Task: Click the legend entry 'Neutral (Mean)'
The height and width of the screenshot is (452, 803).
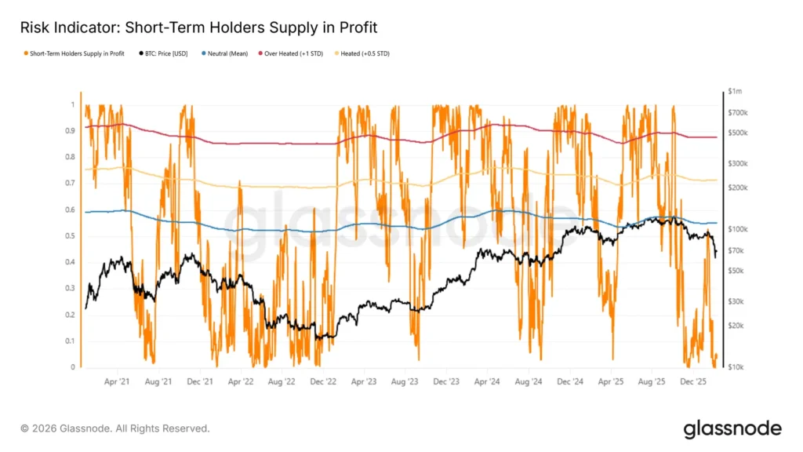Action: [227, 53]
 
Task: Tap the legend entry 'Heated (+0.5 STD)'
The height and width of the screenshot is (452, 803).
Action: [365, 53]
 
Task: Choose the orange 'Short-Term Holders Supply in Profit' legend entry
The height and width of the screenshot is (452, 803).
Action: [75, 53]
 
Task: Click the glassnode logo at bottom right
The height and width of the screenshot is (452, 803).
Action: [732, 428]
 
